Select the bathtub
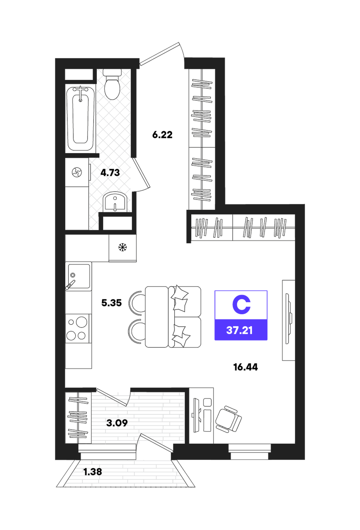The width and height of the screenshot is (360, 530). pos(81,119)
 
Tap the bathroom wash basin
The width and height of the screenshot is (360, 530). pos(115,201)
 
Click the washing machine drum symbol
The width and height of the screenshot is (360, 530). pos(76,172)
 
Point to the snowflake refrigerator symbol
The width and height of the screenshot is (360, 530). pos(123,248)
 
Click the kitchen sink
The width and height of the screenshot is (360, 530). pos(78,276)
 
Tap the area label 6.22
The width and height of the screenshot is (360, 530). pos(162,135)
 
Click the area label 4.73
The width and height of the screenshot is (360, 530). pos(110,173)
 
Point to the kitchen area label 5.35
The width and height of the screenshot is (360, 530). pos(112,303)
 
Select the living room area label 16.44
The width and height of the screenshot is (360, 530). pos(246,367)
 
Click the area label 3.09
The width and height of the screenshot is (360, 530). pos(117,423)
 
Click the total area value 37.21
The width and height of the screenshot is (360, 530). pos(240,330)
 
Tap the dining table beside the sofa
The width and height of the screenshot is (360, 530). pos(156,317)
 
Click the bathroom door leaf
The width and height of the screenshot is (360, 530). pos(142,173)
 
